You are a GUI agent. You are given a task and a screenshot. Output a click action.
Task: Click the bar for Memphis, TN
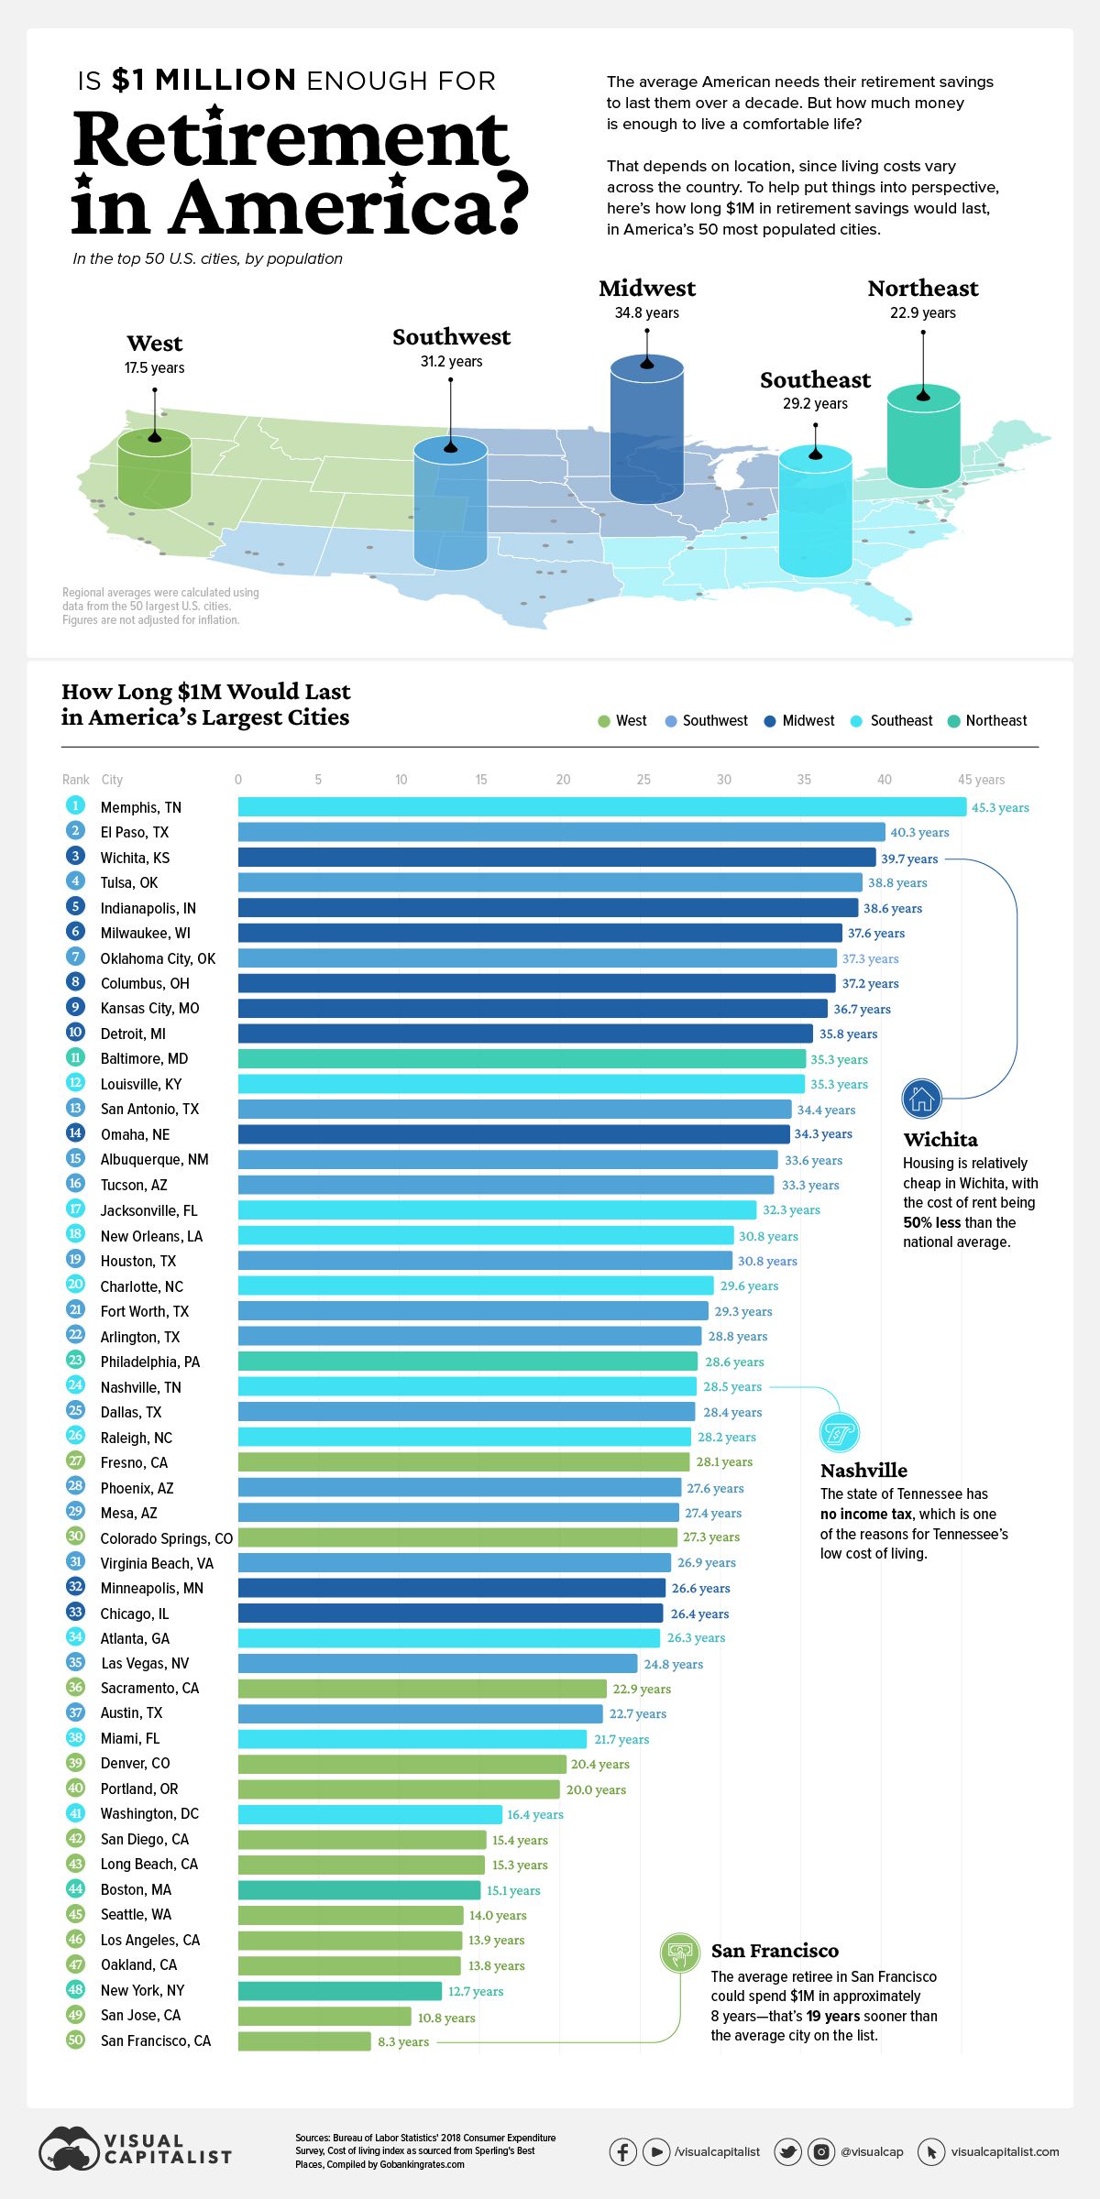(x=601, y=806)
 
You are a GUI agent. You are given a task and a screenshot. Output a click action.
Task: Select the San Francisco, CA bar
(x=304, y=2040)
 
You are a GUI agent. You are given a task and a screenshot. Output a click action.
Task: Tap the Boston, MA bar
(x=358, y=1889)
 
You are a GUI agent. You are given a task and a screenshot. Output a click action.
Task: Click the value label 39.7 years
(x=909, y=859)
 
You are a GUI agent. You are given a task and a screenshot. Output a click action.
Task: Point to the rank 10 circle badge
(x=75, y=1033)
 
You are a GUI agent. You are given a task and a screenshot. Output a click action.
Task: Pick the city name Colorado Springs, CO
(x=166, y=1538)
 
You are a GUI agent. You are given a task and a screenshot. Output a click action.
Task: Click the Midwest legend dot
(x=770, y=721)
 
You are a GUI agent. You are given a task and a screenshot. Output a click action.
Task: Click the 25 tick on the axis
(x=643, y=780)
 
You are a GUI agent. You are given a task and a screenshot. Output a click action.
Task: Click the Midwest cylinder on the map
(x=646, y=431)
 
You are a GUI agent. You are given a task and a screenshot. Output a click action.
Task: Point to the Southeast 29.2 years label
(x=815, y=403)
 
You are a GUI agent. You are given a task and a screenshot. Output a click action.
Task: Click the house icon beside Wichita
(x=921, y=1099)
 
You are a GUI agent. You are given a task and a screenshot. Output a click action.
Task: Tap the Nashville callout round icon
(x=839, y=1432)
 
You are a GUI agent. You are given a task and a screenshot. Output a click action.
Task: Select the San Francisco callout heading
(x=775, y=1951)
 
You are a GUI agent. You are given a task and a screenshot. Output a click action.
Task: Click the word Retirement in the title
(x=290, y=139)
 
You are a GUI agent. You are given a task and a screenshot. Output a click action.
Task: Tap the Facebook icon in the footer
(x=623, y=2151)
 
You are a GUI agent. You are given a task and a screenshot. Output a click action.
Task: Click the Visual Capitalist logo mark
(x=68, y=2149)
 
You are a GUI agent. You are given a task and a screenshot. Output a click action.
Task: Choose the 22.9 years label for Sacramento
(x=642, y=1689)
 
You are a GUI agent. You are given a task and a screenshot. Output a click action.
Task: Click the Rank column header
(x=75, y=780)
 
